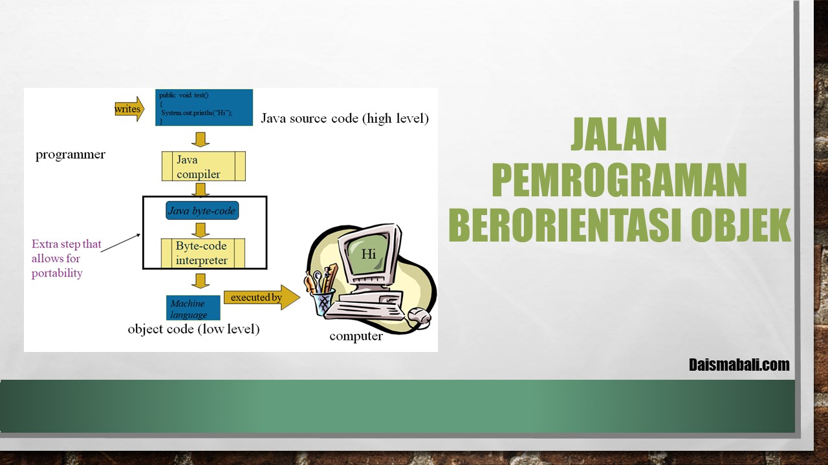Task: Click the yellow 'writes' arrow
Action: pyautogui.click(x=129, y=109)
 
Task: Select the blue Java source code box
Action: pyautogui.click(x=204, y=107)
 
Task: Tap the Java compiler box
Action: pyautogui.click(x=204, y=166)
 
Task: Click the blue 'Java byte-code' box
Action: pyautogui.click(x=202, y=211)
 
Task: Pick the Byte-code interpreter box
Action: pyautogui.click(x=203, y=253)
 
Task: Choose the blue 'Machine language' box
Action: pyautogui.click(x=193, y=308)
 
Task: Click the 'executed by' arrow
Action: pyautogui.click(x=262, y=297)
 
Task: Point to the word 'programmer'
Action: pyautogui.click(x=71, y=154)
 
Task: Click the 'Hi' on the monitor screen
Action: pyautogui.click(x=369, y=254)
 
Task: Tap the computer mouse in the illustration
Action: pyautogui.click(x=420, y=316)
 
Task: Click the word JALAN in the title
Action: pyautogui.click(x=619, y=134)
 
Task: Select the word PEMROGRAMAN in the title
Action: pyautogui.click(x=619, y=180)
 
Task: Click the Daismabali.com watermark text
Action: pyautogui.click(x=739, y=365)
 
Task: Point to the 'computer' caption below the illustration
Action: pyautogui.click(x=356, y=336)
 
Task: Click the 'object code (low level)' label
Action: pyautogui.click(x=193, y=329)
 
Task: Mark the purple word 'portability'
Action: pyautogui.click(x=57, y=273)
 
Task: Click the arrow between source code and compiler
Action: pyautogui.click(x=201, y=139)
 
